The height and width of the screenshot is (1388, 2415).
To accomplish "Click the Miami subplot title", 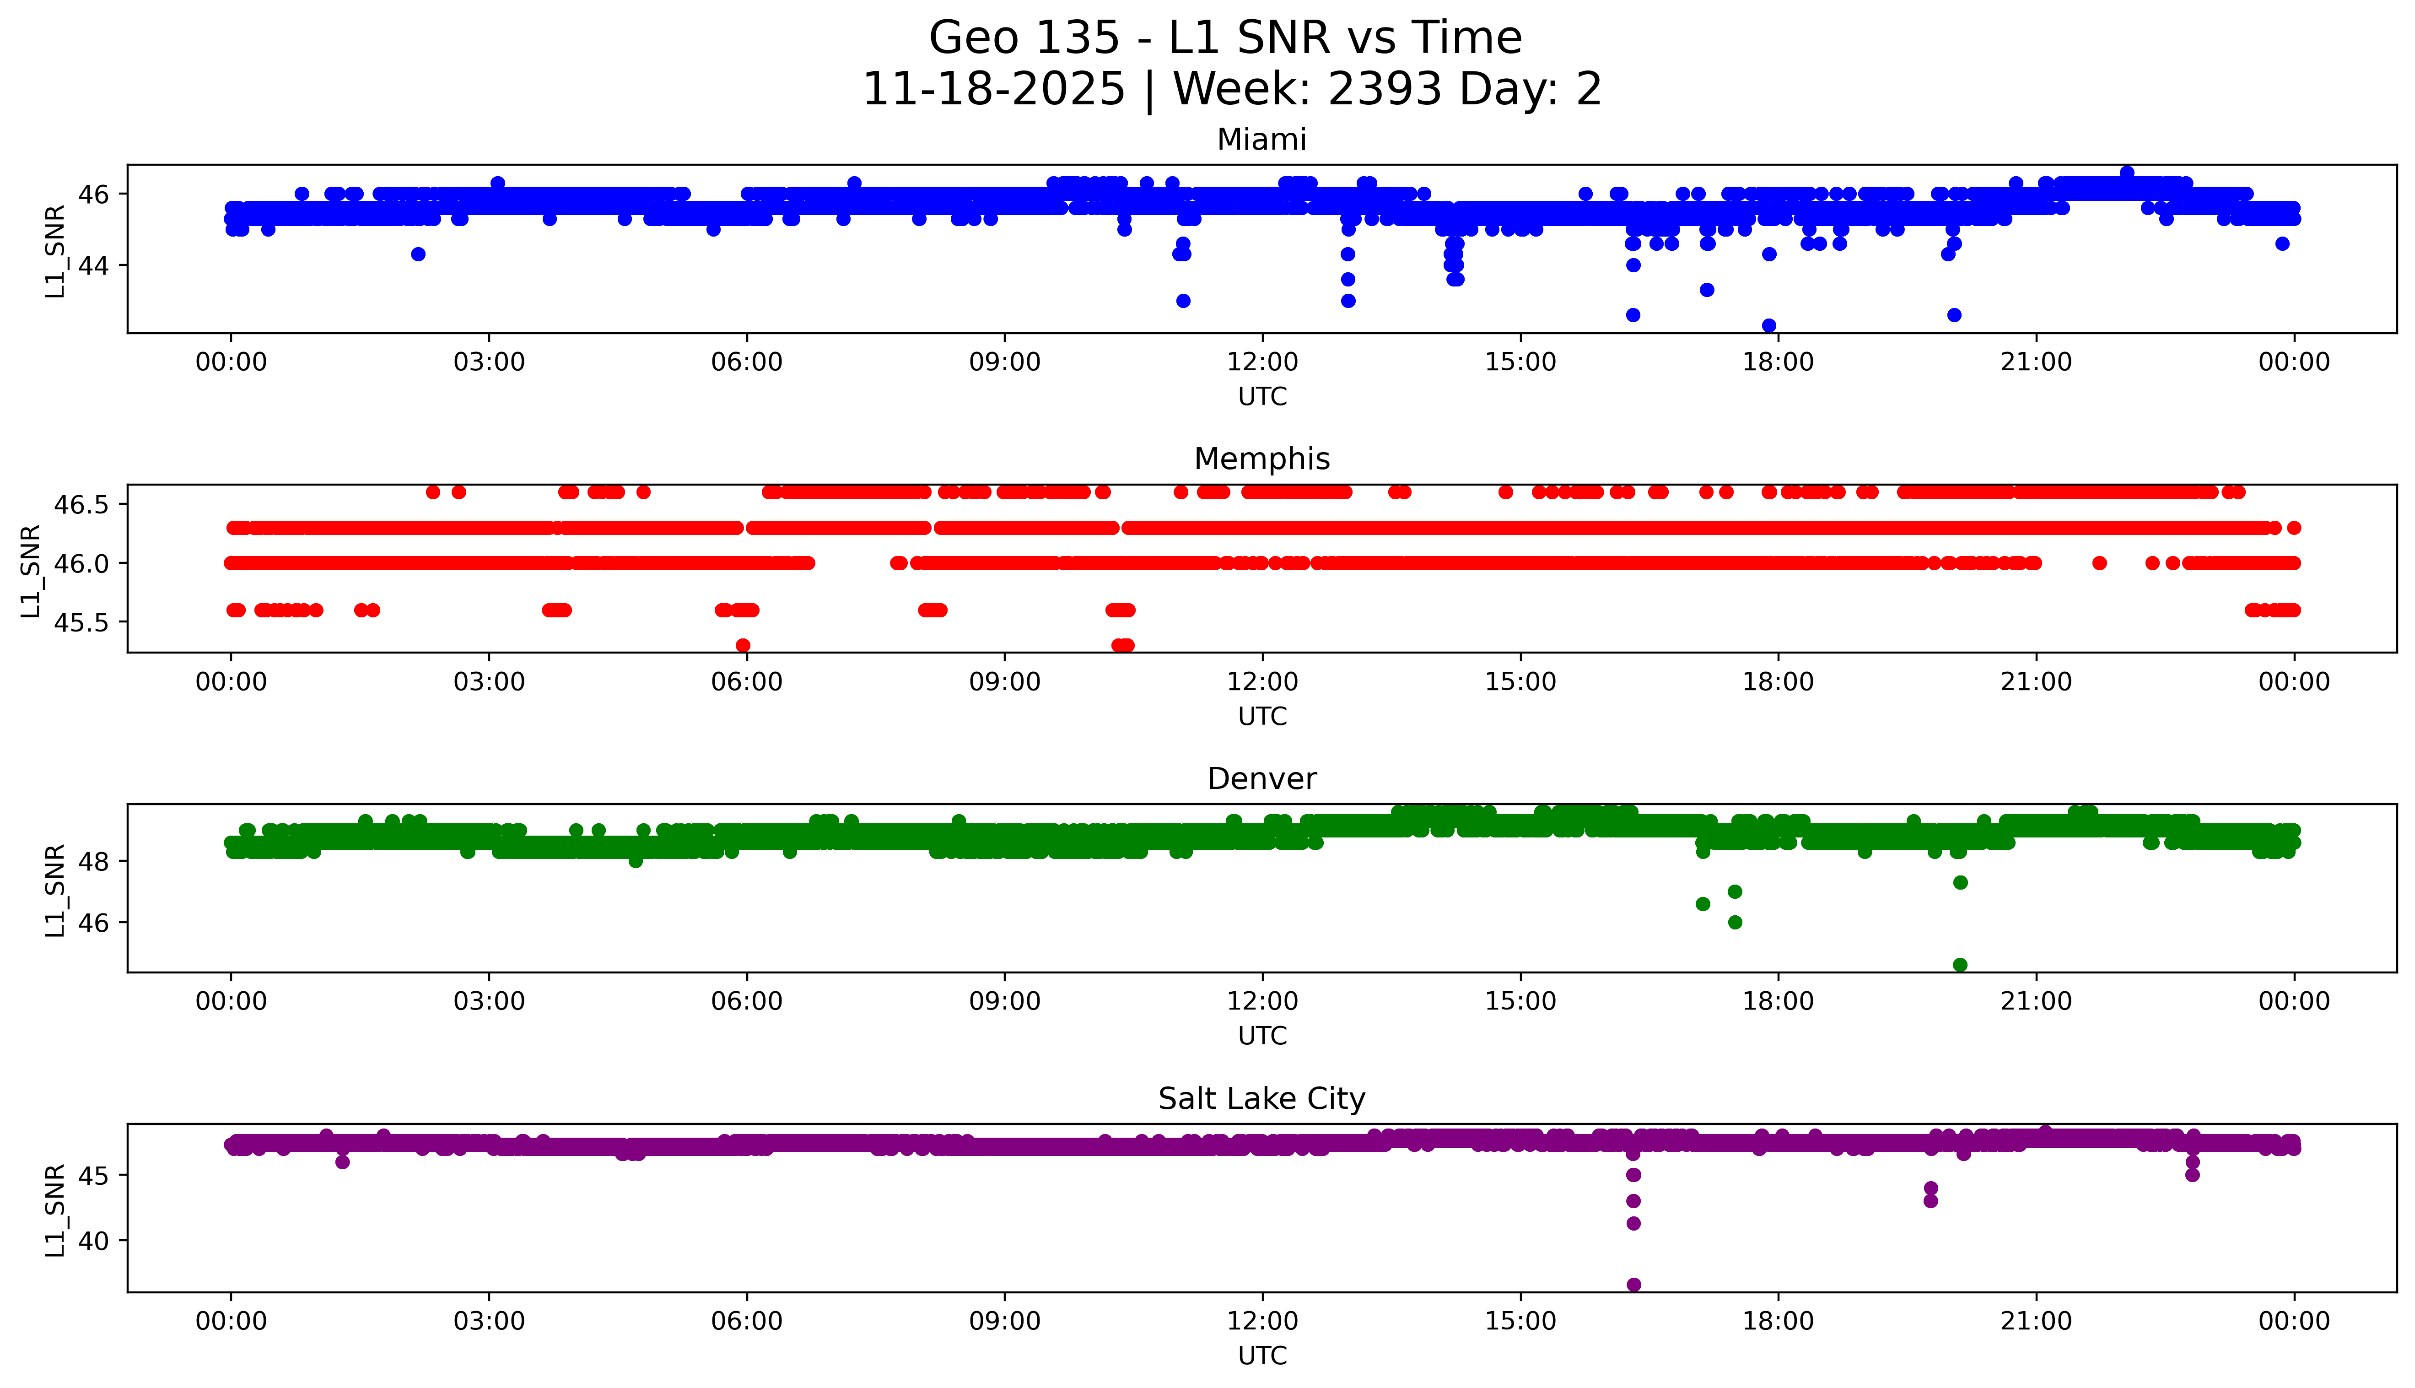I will click(x=1261, y=140).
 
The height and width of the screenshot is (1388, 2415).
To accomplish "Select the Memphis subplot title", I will click(x=1261, y=459).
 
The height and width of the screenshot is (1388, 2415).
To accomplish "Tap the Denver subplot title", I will click(x=1261, y=779).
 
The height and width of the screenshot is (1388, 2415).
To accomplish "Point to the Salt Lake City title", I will click(x=1261, y=1099).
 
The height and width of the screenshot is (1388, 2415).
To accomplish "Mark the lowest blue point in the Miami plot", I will click(x=1769, y=325).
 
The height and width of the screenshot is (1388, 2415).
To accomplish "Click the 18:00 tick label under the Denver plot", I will click(x=1779, y=1002).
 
